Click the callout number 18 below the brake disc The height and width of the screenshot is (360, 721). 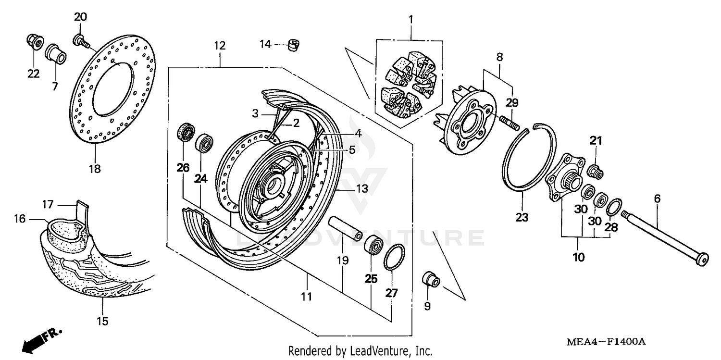pos(95,169)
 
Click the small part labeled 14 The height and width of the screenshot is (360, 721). pos(293,45)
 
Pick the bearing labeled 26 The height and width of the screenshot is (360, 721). pos(186,132)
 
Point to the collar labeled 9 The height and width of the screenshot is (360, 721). pos(430,279)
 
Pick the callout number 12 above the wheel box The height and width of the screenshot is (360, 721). pos(219,46)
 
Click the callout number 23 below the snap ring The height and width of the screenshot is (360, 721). pos(522,217)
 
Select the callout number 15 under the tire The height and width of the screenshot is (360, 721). pos(103,321)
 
